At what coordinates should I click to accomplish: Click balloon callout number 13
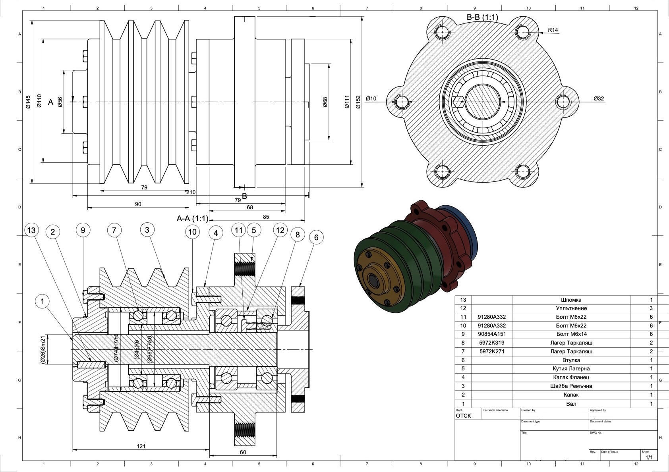[31, 230]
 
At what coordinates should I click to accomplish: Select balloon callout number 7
[114, 230]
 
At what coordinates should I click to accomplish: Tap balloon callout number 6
[316, 237]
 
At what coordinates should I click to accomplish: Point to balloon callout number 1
[43, 301]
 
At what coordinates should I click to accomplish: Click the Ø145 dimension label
[28, 102]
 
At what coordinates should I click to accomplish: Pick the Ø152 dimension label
[358, 102]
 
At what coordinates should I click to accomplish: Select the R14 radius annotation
[553, 30]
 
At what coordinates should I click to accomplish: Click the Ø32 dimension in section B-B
[598, 98]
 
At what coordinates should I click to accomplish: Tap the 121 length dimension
[141, 446]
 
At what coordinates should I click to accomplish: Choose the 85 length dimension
[266, 217]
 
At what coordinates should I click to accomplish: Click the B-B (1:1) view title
[482, 17]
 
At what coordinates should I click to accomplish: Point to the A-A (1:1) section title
[192, 218]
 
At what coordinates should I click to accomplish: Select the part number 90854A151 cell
[491, 334]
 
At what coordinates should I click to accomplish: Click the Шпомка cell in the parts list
[571, 300]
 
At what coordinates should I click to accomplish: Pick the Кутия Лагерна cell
[571, 369]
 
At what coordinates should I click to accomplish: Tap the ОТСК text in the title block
[463, 416]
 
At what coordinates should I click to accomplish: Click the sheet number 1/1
[649, 457]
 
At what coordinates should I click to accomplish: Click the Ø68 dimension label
[325, 102]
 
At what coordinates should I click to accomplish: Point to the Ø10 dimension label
[371, 98]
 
